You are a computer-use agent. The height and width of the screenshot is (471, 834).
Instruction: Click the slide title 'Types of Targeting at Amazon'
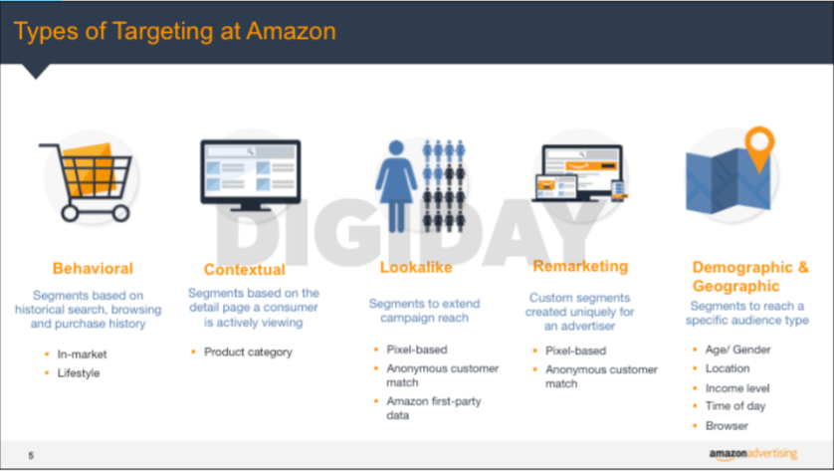tap(174, 31)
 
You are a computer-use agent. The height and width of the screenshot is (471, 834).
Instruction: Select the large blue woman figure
tap(398, 182)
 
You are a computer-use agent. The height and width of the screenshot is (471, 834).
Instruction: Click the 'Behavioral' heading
tap(93, 268)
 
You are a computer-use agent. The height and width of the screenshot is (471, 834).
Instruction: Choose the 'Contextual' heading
tap(244, 269)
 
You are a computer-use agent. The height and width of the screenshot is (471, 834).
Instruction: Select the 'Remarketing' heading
tap(580, 266)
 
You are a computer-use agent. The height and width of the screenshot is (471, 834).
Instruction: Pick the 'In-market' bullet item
tap(83, 353)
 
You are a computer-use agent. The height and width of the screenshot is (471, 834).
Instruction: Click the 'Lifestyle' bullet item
tap(79, 372)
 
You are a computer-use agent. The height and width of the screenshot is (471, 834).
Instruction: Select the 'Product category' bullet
tap(248, 352)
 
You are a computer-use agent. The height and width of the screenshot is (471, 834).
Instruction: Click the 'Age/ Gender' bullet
tap(737, 350)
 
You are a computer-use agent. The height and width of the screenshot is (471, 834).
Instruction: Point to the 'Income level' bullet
tap(737, 387)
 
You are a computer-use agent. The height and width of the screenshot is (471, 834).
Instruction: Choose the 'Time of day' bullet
tap(735, 406)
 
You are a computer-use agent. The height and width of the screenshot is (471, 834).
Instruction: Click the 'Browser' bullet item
tap(727, 425)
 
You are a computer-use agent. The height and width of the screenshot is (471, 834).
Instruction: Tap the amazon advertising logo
tap(753, 454)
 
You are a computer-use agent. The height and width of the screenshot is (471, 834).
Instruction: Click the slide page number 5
tap(31, 455)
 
